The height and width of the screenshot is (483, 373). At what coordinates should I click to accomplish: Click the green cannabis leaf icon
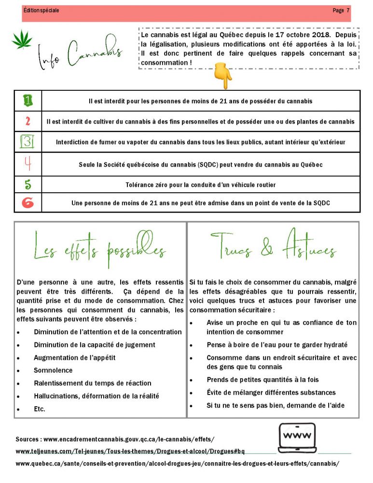21,39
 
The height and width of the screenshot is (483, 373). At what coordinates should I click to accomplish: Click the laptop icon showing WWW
297,438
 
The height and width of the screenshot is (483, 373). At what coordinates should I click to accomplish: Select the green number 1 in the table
28,100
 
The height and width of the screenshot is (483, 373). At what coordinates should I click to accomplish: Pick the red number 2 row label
28,121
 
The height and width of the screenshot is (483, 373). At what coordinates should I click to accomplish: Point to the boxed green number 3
28,142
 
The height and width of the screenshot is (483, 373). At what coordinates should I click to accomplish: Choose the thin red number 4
28,164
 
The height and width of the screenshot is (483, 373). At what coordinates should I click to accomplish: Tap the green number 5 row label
28,185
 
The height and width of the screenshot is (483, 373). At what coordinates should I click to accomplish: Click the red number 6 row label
28,203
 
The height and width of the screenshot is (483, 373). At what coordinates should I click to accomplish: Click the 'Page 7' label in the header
341,10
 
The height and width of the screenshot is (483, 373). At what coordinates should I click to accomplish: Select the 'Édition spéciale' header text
41,10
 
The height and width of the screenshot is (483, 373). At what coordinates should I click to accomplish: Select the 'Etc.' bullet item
40,409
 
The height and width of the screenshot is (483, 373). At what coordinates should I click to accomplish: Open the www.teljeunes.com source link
130,452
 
